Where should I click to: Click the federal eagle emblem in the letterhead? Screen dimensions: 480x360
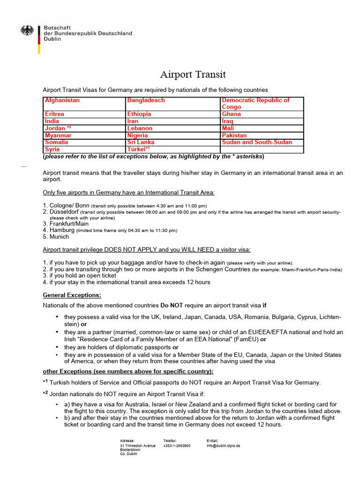27,31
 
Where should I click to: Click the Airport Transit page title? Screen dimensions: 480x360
193,75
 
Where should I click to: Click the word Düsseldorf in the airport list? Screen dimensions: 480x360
64,212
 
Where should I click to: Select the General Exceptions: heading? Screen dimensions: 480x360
72,295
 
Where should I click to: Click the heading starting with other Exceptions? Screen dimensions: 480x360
128,371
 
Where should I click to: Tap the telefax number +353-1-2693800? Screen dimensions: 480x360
177,446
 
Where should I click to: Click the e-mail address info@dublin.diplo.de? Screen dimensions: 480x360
223,446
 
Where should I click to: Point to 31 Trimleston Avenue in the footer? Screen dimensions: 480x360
138,446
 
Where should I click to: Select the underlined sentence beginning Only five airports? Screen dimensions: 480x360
129,193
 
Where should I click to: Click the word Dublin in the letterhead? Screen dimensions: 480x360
52,40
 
